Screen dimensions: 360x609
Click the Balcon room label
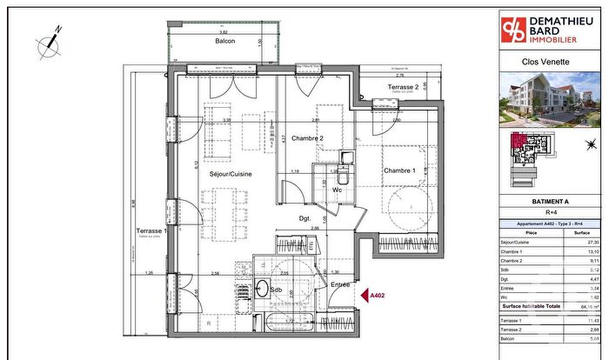pos(226,41)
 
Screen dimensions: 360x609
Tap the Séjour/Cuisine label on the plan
pos(231,174)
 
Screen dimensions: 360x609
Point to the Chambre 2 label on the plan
pos(307,138)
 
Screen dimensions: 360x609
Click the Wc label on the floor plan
pos(336,189)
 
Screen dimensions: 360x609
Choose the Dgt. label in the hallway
pos(305,217)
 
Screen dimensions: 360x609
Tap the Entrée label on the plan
pos(339,284)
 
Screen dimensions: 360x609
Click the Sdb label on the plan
pos(275,290)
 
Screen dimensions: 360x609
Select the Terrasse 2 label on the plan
pos(403,88)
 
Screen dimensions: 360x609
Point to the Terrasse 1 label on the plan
pos(152,230)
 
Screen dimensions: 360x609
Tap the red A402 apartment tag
pos(378,297)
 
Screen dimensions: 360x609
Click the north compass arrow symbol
pos(50,38)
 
